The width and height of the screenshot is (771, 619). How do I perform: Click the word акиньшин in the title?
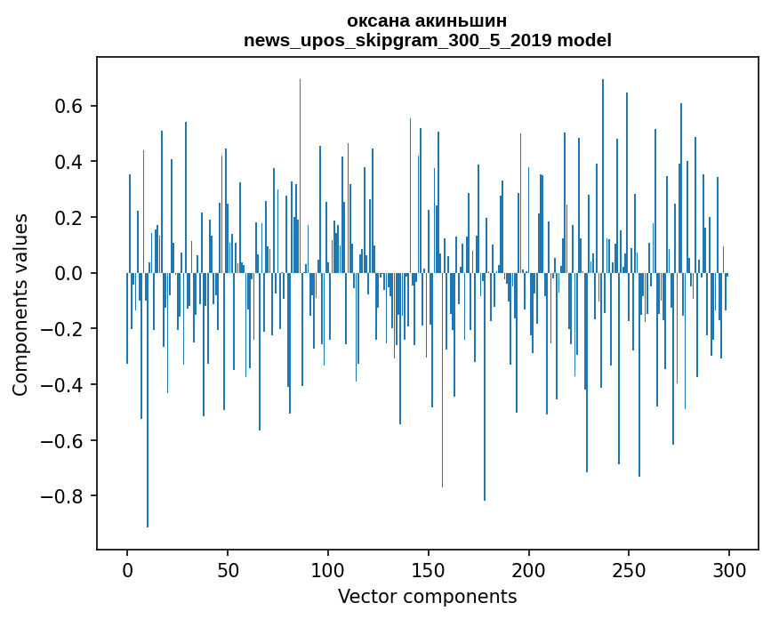coord(460,20)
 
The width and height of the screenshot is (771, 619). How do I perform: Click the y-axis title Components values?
coord(20,304)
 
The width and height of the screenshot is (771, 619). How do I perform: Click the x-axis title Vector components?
coord(427,596)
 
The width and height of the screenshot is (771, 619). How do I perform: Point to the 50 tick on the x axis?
coord(228,569)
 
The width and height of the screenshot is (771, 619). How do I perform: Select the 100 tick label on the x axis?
coord(328,569)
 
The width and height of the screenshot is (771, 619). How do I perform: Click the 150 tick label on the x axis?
coord(429,569)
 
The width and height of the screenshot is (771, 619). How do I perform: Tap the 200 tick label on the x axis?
coord(529,569)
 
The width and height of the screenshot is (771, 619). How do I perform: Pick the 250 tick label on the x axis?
coord(630,569)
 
